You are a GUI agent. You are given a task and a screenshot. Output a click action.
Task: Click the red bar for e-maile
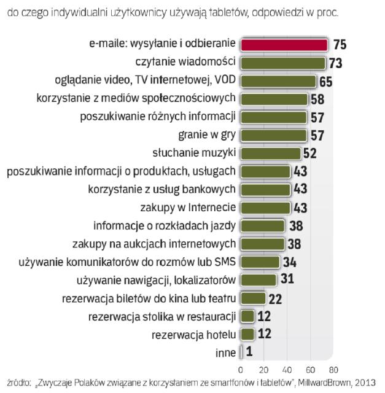pos(284,45)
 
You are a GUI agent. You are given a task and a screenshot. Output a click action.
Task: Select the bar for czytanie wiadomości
pos(282,63)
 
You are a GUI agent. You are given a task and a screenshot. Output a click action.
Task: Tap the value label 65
pos(327,81)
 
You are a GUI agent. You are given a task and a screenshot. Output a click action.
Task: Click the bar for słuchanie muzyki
pos(270,154)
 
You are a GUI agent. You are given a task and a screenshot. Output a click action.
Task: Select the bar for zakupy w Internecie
pos(265,208)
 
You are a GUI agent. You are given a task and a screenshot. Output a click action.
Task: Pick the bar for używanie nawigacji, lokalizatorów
pos(258,280)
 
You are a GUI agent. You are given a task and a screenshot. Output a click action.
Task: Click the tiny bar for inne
pos(242,352)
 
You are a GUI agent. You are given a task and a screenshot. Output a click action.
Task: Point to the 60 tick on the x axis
pos(310,370)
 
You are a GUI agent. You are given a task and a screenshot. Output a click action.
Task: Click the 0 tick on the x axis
pos(240,370)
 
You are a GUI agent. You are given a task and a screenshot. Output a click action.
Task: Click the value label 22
pos(275,298)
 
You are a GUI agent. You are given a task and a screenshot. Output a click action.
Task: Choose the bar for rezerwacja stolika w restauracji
pos(247,316)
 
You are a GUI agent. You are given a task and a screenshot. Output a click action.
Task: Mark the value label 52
pos(309,154)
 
